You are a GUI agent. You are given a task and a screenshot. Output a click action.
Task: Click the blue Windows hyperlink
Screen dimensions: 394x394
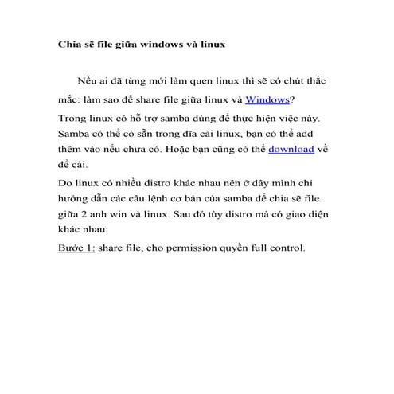[267, 99]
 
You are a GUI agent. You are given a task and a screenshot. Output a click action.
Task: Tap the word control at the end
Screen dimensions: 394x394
[285, 248]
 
